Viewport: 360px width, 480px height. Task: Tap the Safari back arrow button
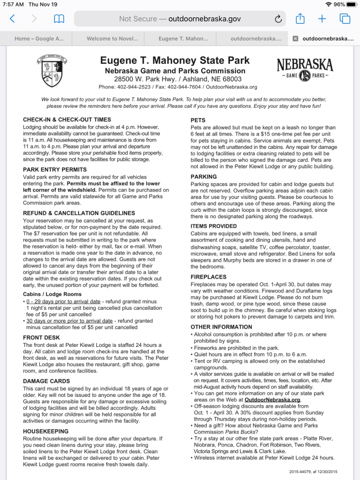click(x=12, y=19)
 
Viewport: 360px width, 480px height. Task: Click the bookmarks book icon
click(x=59, y=19)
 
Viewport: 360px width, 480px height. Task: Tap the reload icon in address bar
click(x=278, y=19)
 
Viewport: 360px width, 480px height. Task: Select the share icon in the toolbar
click(x=300, y=19)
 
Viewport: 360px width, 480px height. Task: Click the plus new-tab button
click(x=322, y=19)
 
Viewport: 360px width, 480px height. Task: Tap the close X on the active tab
click(x=295, y=39)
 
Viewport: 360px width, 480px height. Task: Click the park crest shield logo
click(x=52, y=71)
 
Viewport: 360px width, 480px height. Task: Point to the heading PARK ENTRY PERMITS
click(x=54, y=169)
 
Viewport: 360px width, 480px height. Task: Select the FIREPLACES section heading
click(x=208, y=277)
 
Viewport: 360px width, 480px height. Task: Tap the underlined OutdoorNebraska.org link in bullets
click(x=272, y=399)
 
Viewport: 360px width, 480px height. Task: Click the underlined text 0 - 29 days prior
click(x=70, y=301)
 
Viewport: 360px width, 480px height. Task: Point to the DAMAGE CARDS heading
click(x=49, y=381)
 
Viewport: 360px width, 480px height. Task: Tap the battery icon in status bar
click(x=352, y=4)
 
